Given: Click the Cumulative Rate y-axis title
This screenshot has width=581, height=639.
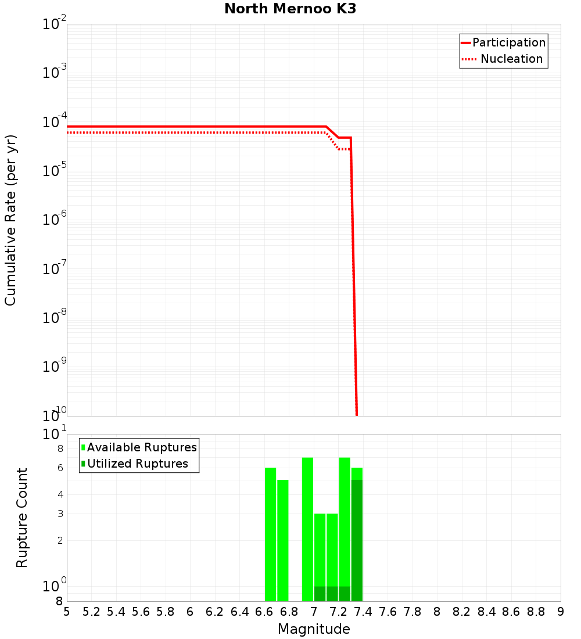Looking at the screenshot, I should coord(11,220).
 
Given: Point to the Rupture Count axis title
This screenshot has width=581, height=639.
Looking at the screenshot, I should coord(22,518).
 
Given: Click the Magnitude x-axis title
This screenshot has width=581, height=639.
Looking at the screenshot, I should coord(314,629).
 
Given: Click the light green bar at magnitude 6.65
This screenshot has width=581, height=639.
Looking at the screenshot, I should coord(270,534).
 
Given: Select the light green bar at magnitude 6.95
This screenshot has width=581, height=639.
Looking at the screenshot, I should coord(307,529).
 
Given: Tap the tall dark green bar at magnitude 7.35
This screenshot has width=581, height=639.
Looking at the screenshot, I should coord(357,540).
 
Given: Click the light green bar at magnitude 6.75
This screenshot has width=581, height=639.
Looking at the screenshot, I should coord(283,540).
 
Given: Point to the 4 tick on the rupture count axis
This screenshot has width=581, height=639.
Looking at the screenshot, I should coord(60,495).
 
